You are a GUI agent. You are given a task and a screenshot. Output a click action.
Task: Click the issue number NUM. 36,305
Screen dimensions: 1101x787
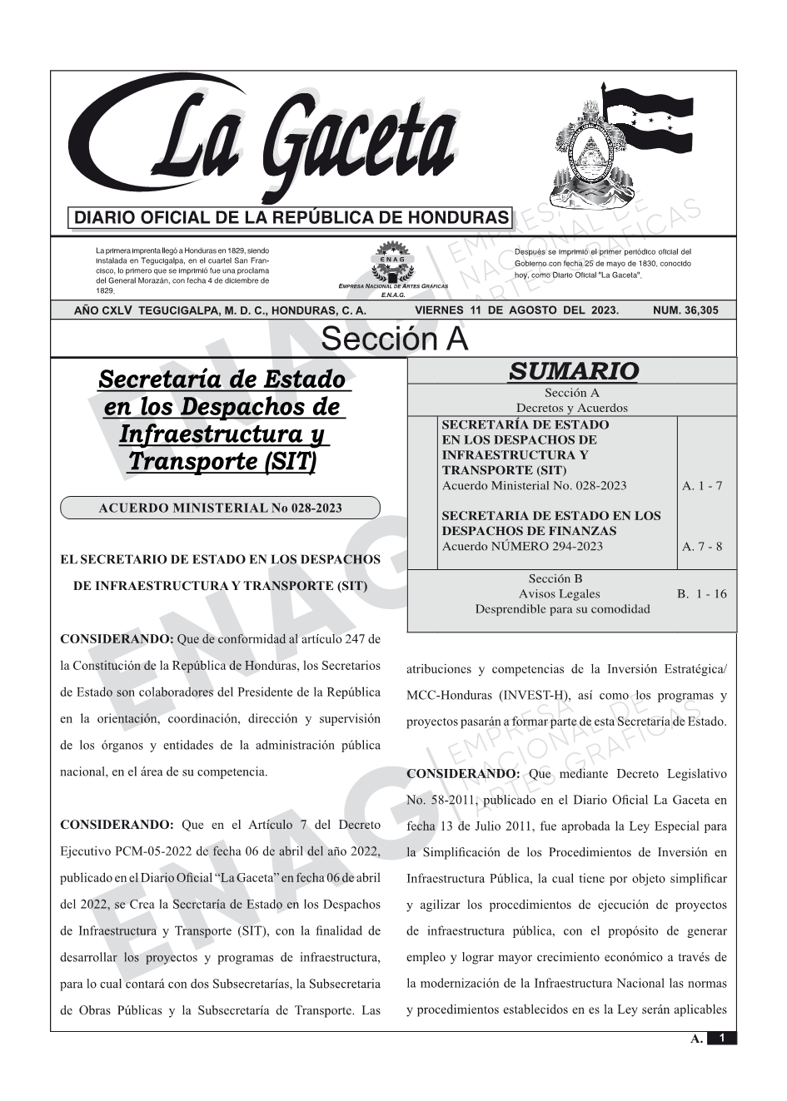tap(685, 310)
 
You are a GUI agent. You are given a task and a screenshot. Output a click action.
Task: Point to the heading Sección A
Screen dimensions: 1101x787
tap(394, 340)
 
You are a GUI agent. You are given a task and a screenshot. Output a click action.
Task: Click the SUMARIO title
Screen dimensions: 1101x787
tap(573, 371)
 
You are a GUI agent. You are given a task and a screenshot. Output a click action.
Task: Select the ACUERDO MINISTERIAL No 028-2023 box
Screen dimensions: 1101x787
tap(220, 508)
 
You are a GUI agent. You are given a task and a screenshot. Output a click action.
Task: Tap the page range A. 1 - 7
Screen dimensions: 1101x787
tap(702, 486)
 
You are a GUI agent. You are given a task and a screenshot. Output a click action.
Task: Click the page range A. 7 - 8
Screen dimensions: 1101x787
tap(702, 547)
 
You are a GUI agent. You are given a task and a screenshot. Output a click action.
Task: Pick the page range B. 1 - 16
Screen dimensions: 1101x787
tap(701, 593)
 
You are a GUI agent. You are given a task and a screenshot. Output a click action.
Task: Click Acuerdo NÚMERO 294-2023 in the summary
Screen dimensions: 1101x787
tap(522, 547)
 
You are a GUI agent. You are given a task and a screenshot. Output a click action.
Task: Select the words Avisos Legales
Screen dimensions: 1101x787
tap(559, 593)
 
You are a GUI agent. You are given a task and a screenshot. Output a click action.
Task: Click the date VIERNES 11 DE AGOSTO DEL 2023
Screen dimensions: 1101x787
tap(516, 310)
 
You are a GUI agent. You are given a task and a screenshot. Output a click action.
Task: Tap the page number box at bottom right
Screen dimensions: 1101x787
tap(722, 1039)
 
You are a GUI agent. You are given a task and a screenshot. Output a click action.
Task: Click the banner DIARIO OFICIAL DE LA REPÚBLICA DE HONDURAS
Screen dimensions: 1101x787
tap(291, 218)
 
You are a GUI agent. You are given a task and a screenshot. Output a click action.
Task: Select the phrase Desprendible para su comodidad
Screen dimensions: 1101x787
tap(562, 609)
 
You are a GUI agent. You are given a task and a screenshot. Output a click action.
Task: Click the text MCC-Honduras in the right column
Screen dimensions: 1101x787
tap(446, 696)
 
